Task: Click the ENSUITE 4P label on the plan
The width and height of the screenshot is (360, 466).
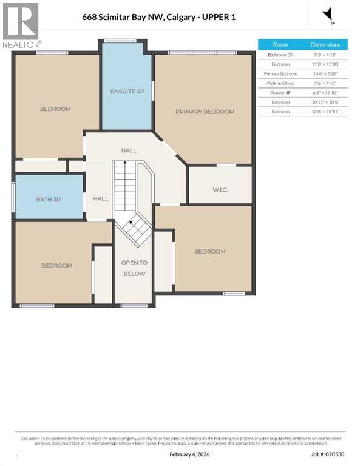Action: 127,92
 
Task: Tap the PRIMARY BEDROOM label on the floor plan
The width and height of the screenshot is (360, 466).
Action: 205,112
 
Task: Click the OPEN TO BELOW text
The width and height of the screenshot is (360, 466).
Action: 134,268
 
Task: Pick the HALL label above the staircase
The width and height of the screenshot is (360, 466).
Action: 129,150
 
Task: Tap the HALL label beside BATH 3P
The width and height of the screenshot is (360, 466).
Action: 101,198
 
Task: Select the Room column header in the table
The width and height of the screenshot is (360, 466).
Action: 280,44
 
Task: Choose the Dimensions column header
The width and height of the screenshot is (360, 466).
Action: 326,44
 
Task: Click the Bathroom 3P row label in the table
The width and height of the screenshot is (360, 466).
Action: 280,55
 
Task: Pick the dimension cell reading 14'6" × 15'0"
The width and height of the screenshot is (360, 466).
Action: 326,73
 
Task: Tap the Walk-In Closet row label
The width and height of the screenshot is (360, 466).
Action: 280,83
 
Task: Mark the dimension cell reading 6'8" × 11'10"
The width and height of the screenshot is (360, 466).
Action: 326,93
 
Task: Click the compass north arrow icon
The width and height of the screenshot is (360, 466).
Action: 328,15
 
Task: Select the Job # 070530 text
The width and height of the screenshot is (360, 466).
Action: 328,454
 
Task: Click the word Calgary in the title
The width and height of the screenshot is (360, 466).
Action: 188,17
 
